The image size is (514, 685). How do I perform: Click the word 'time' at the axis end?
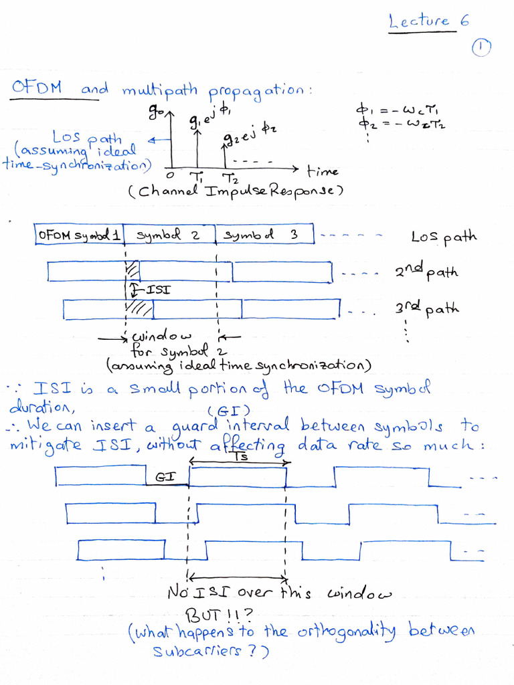pyautogui.click(x=323, y=171)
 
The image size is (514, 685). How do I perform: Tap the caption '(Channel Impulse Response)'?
pyautogui.click(x=236, y=191)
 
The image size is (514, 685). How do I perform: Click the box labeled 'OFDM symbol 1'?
pyautogui.click(x=79, y=235)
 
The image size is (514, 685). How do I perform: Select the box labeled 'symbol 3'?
pyautogui.click(x=263, y=235)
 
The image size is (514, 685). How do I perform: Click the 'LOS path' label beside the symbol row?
pyautogui.click(x=444, y=237)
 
